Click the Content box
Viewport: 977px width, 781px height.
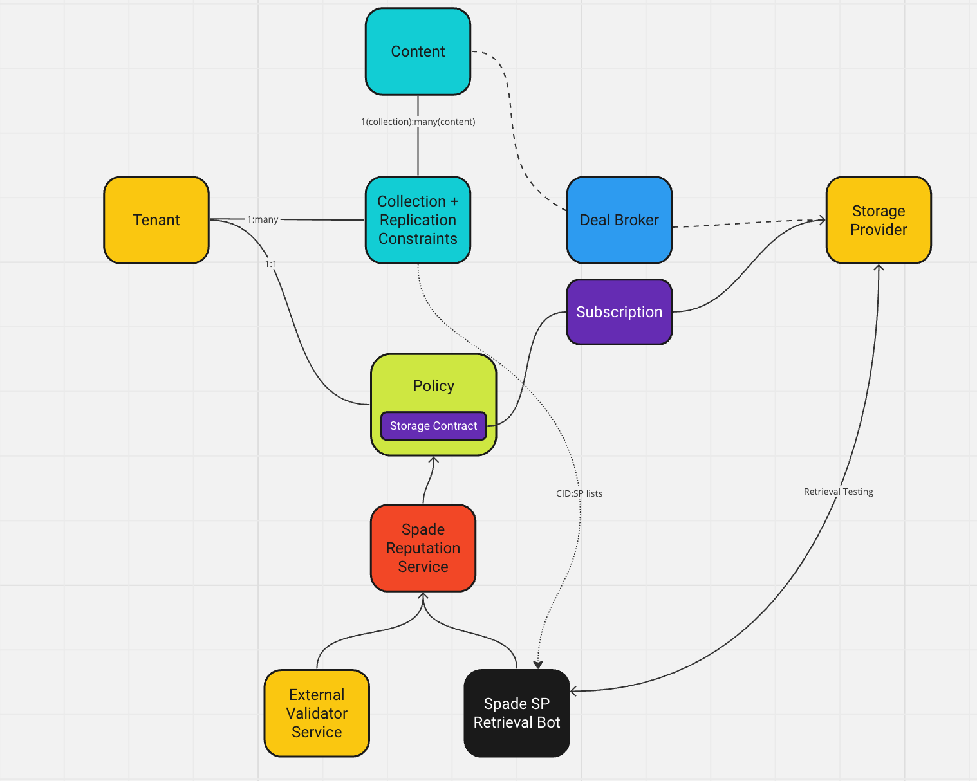pyautogui.click(x=418, y=51)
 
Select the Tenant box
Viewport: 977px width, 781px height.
pyautogui.click(x=156, y=220)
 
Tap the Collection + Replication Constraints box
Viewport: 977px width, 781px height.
pyautogui.click(x=418, y=220)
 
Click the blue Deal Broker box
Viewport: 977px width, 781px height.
pyautogui.click(x=619, y=220)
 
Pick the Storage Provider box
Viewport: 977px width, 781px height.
pyautogui.click(x=879, y=220)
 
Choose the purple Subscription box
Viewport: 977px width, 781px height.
pyautogui.click(x=619, y=312)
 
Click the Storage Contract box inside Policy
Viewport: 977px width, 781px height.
pyautogui.click(x=433, y=426)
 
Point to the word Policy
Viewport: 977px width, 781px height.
pyautogui.click(x=433, y=386)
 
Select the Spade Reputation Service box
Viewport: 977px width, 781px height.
pyautogui.click(x=423, y=548)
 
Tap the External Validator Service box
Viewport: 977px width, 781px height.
pyautogui.click(x=317, y=713)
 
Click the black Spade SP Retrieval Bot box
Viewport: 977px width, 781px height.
pyautogui.click(x=517, y=713)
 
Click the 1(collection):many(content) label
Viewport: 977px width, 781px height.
pyautogui.click(x=418, y=122)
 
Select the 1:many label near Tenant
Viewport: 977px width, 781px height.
pyautogui.click(x=263, y=219)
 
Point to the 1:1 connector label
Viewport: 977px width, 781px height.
pyautogui.click(x=271, y=264)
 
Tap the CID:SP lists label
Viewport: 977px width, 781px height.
pyautogui.click(x=579, y=493)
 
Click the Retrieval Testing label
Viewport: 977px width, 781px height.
pyautogui.click(x=838, y=492)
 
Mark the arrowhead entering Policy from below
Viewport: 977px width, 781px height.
pyautogui.click(x=433, y=460)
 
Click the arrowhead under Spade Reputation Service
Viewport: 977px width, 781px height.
pyautogui.click(x=423, y=596)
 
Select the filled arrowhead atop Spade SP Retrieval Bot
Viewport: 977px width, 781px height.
pyautogui.click(x=538, y=665)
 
